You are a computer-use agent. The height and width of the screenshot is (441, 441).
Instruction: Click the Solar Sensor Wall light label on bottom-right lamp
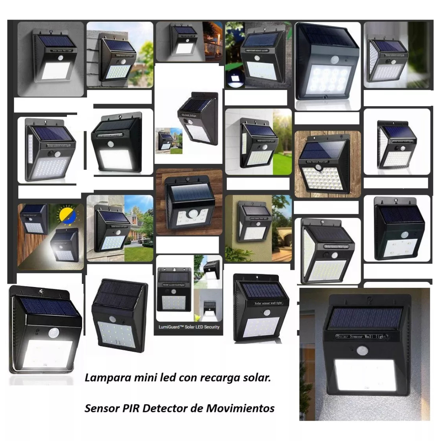(362, 336)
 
